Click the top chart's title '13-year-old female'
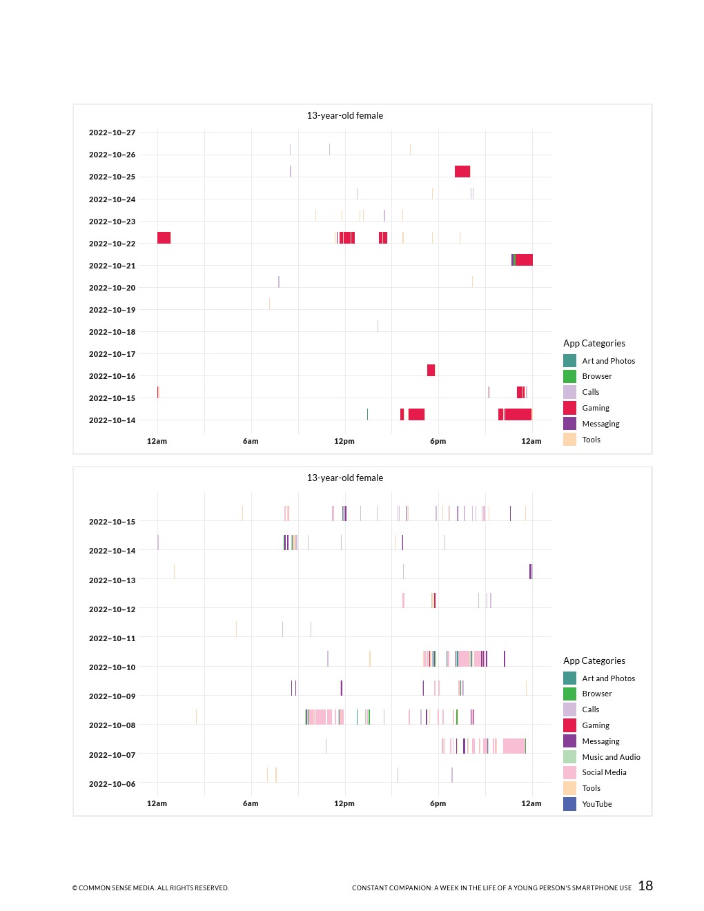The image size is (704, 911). [x=344, y=115]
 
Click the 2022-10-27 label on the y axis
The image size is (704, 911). [x=112, y=133]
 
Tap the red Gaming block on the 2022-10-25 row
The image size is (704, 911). [x=462, y=171]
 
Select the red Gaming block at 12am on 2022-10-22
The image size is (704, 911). [x=164, y=237]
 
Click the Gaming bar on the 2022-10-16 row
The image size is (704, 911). [x=431, y=370]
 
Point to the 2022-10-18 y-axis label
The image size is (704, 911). [x=112, y=332]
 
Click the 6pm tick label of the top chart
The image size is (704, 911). [x=438, y=441]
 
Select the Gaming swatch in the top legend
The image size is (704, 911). [x=569, y=408]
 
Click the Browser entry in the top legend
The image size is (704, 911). [x=596, y=376]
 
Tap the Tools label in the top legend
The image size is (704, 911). [x=591, y=440]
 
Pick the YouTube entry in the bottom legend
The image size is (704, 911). [x=596, y=804]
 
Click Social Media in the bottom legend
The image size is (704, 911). [x=604, y=772]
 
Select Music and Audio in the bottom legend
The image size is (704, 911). [x=611, y=757]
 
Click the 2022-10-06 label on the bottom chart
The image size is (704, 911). [x=112, y=784]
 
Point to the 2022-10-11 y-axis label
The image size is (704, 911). [x=112, y=638]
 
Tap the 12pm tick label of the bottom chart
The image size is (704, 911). [x=344, y=803]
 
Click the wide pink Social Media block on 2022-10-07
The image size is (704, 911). [x=514, y=746]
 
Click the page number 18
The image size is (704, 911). [x=645, y=886]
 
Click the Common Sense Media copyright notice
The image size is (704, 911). [x=150, y=888]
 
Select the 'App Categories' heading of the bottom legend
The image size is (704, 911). [x=594, y=660]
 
